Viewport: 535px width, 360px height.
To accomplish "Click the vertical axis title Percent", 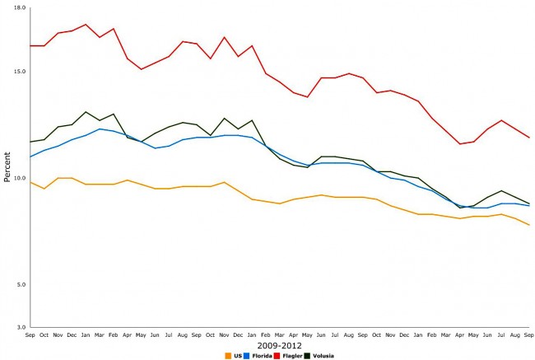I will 7,167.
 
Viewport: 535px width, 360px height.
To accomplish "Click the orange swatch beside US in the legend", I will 227,356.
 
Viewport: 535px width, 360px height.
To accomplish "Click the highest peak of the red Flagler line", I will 86,24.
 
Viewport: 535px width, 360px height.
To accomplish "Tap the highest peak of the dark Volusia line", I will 86,112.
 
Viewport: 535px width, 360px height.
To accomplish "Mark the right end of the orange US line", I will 528,225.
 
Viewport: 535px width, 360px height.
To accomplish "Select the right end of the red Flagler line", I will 528,138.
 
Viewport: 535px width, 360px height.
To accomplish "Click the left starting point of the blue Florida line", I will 30,157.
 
